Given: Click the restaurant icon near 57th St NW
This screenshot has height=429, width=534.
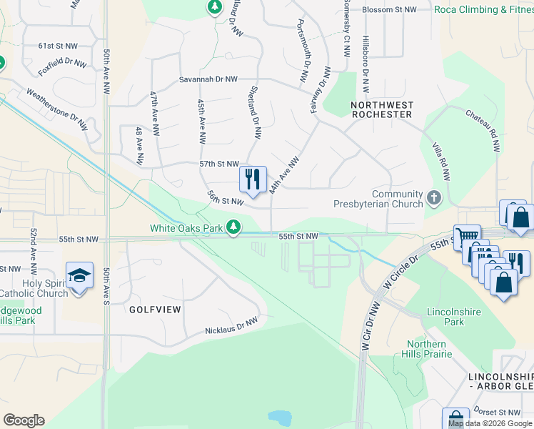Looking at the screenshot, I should [252, 179].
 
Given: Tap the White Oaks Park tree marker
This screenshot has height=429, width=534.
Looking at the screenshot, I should [233, 227].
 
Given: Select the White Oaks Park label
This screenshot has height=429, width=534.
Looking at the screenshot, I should [187, 228].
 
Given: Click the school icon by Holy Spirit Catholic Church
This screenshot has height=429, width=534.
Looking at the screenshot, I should [79, 275].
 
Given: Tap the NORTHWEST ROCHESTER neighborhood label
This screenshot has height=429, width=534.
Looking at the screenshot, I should [382, 109].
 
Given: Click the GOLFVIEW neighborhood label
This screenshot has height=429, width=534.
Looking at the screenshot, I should [156, 310].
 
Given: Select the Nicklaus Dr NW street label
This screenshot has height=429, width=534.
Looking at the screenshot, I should [231, 327].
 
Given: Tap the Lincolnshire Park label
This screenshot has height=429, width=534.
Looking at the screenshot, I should [455, 317].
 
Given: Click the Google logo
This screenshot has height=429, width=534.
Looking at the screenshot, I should [24, 420].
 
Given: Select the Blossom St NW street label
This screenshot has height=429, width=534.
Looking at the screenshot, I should [390, 9].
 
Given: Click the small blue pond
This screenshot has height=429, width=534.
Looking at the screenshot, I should [280, 417].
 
